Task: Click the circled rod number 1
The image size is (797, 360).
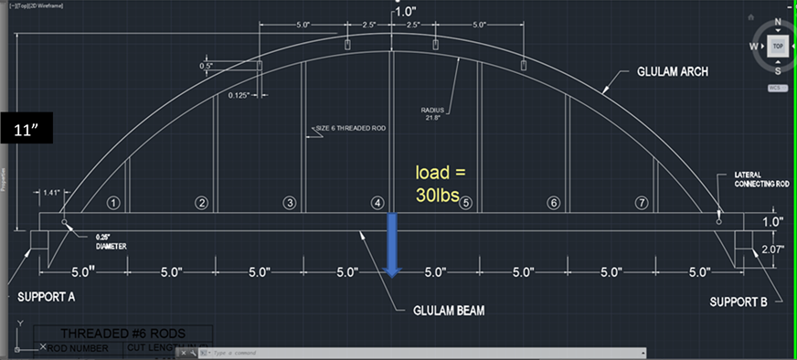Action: point(113,203)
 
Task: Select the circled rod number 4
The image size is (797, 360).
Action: point(377,203)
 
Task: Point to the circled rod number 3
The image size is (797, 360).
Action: point(289,203)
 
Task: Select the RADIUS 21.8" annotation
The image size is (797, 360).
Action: point(431,113)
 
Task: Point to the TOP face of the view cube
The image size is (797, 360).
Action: point(778,45)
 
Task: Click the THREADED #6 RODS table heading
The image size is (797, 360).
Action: point(123,334)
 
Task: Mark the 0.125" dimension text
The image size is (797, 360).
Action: point(240,94)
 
